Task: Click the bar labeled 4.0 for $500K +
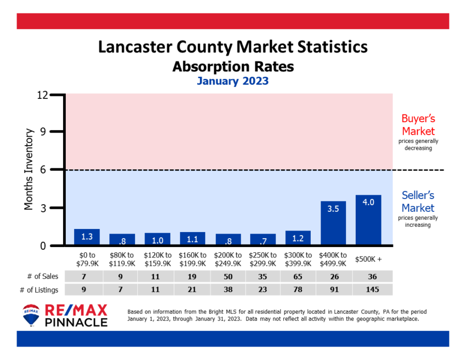pyautogui.click(x=368, y=220)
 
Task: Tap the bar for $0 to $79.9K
pyautogui.click(x=87, y=237)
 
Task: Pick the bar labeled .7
pyautogui.click(x=263, y=239)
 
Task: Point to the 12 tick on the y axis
pyautogui.click(x=42, y=95)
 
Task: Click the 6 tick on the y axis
pyautogui.click(x=43, y=169)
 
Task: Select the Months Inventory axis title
pyautogui.click(x=29, y=169)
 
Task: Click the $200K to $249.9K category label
pyautogui.click(x=228, y=258)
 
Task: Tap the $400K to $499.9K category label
pyautogui.click(x=333, y=258)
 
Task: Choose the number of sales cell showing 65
pyautogui.click(x=298, y=276)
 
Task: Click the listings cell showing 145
pyautogui.click(x=368, y=290)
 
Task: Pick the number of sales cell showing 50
pyautogui.click(x=228, y=276)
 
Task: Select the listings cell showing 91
pyautogui.click(x=333, y=290)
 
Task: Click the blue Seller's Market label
pyautogui.click(x=418, y=201)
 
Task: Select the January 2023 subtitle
pyautogui.click(x=232, y=81)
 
